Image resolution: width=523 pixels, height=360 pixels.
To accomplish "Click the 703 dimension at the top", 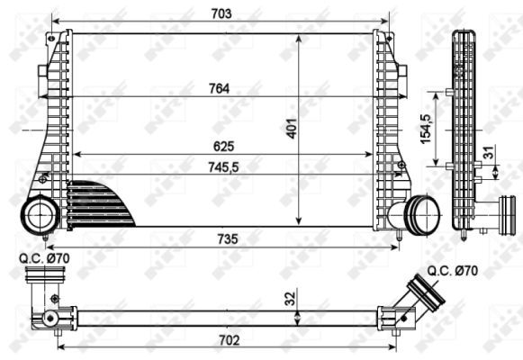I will [x=221, y=13].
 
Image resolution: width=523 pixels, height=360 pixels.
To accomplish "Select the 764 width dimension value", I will [x=221, y=87].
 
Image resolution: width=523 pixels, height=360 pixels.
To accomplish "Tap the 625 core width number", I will [x=221, y=145].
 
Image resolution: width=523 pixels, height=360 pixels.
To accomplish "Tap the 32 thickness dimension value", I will [x=288, y=298].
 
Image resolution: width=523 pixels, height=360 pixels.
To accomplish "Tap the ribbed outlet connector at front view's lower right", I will [x=420, y=213].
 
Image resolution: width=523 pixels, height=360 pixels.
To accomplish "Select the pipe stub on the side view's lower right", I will [x=491, y=215].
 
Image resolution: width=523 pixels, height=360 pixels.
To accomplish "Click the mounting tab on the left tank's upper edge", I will [x=42, y=71].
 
